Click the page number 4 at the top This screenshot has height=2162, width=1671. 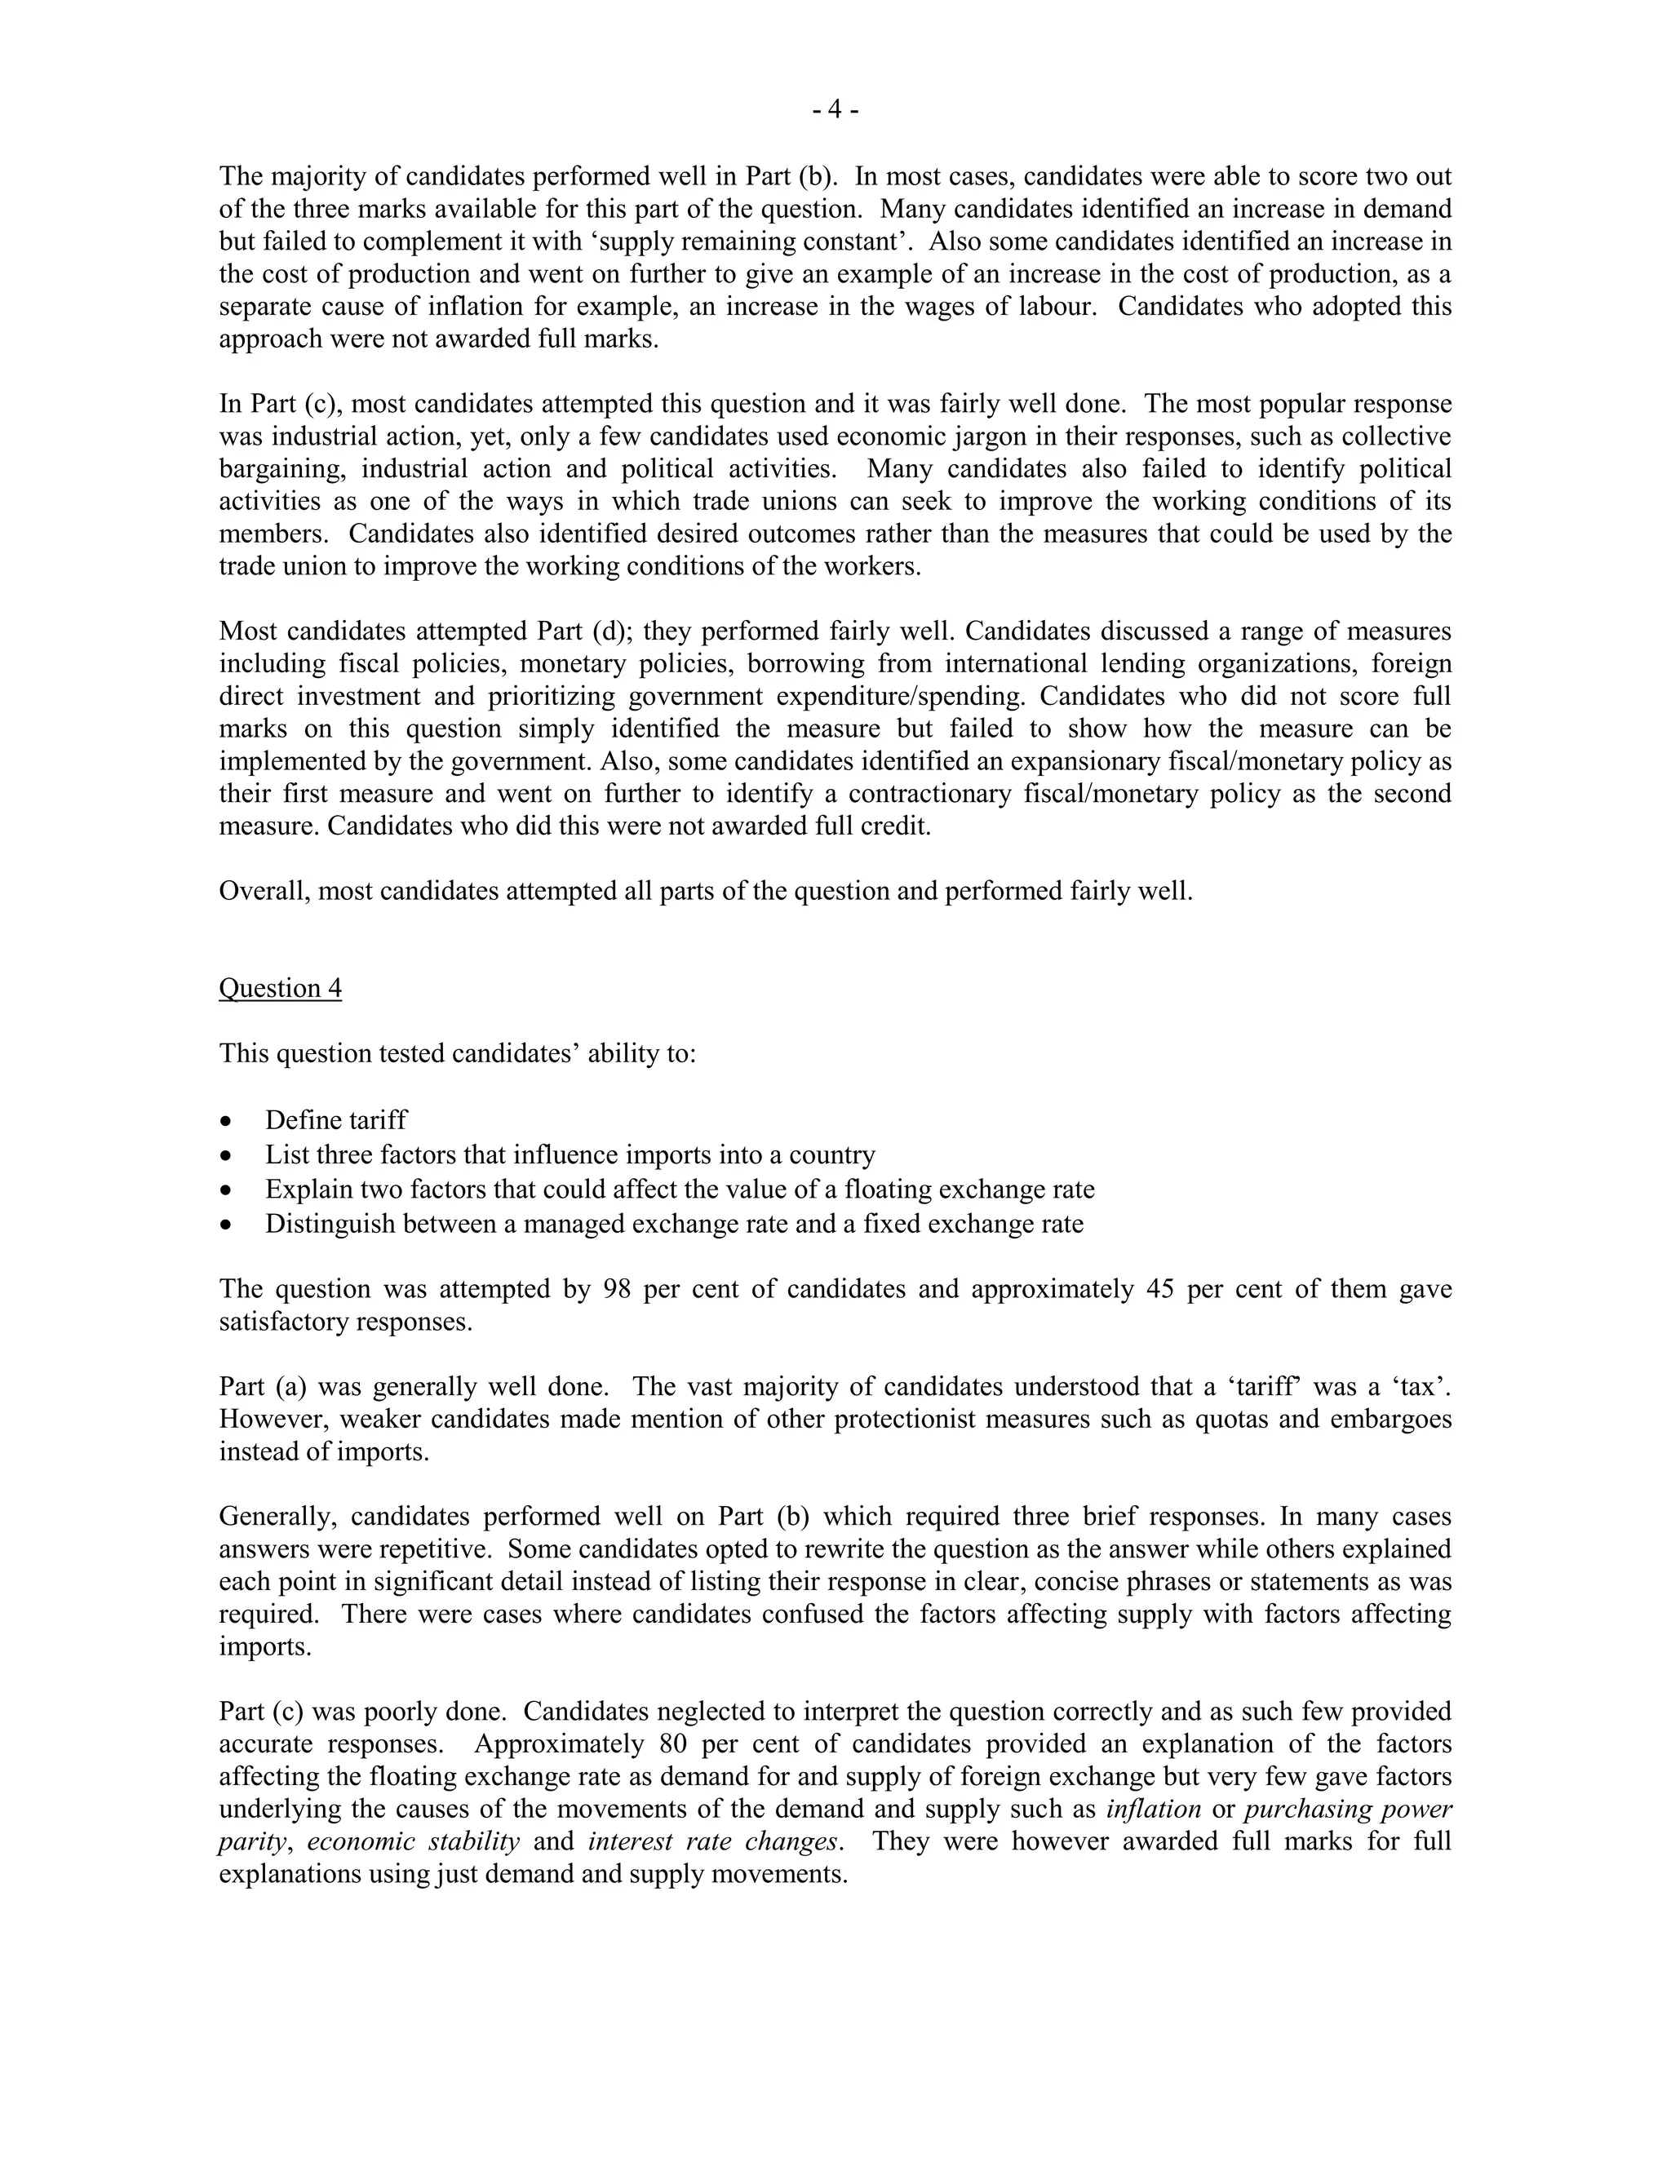(x=835, y=110)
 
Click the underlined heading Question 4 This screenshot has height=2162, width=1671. (x=280, y=988)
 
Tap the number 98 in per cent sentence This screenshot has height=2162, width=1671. (x=618, y=1289)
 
